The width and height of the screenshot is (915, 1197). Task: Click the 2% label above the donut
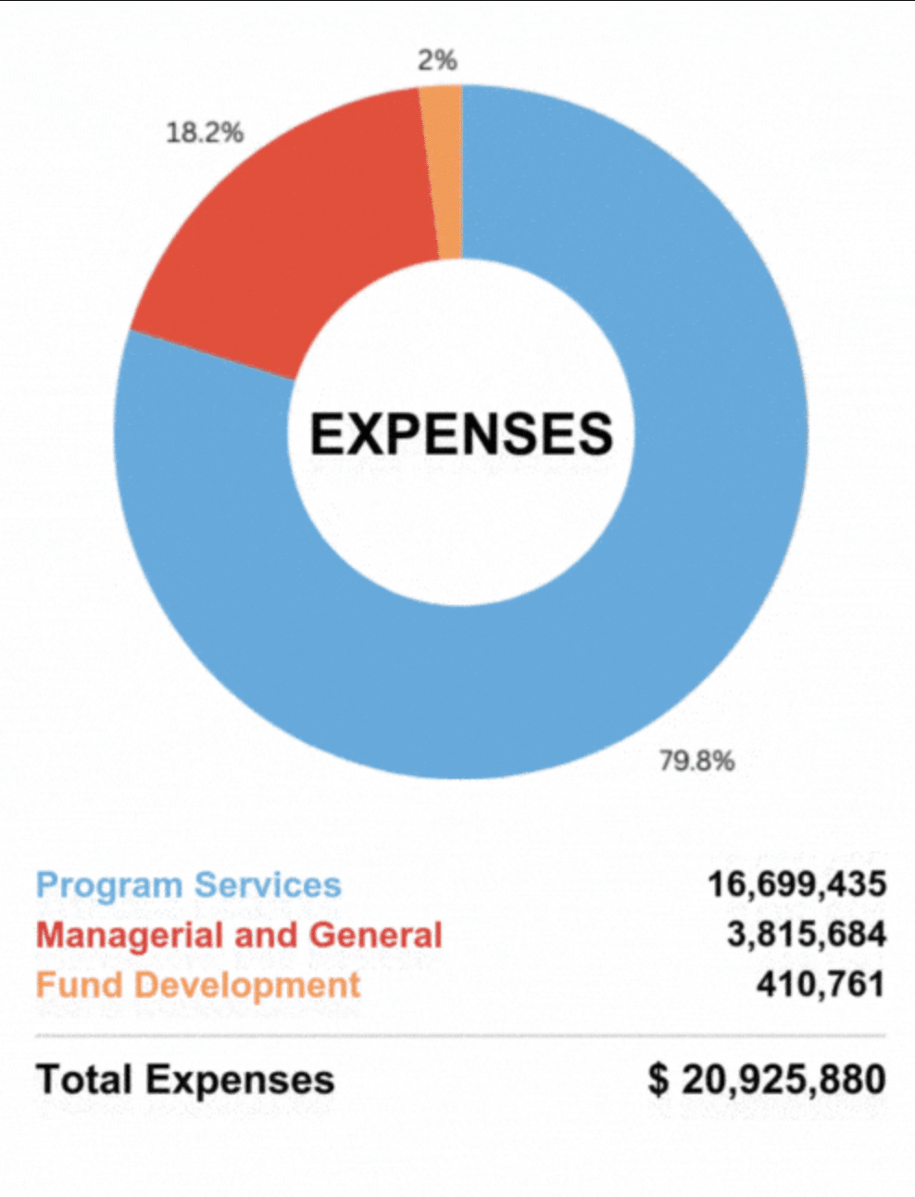tap(437, 60)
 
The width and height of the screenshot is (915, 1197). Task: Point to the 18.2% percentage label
tap(205, 132)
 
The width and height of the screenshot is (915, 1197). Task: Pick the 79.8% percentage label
tap(696, 761)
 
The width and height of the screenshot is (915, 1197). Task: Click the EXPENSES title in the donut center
tap(461, 434)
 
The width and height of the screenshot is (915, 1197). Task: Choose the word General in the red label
tap(376, 935)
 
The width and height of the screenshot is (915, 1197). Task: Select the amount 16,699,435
tap(796, 885)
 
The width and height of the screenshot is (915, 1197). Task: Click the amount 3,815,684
tap(806, 935)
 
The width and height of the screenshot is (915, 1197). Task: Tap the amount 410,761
tap(821, 984)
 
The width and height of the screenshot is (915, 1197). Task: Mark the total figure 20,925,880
tap(783, 1079)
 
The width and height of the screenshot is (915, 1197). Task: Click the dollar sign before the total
tap(658, 1079)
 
